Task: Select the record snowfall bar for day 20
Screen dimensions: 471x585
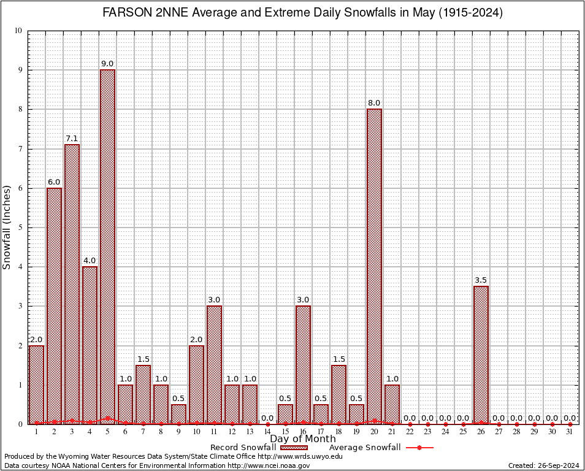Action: pos(374,266)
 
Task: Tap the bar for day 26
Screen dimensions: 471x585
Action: pos(481,354)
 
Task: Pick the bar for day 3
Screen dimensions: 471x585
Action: pos(72,284)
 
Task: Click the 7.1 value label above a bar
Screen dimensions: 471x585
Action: pos(72,139)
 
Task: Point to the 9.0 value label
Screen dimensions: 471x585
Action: pos(107,64)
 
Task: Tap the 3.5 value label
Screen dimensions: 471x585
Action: pos(481,280)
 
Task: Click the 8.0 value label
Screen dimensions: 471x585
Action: pos(374,103)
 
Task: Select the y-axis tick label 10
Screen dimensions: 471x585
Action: pos(18,31)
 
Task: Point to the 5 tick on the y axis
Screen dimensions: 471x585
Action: pos(20,228)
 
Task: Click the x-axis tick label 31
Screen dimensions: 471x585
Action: pos(570,432)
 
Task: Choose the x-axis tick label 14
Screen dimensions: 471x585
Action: pos(267,432)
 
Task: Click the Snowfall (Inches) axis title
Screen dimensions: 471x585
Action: pos(7,227)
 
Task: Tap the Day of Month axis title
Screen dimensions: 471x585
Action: pos(303,439)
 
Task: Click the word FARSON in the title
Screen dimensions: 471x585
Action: pos(125,13)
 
